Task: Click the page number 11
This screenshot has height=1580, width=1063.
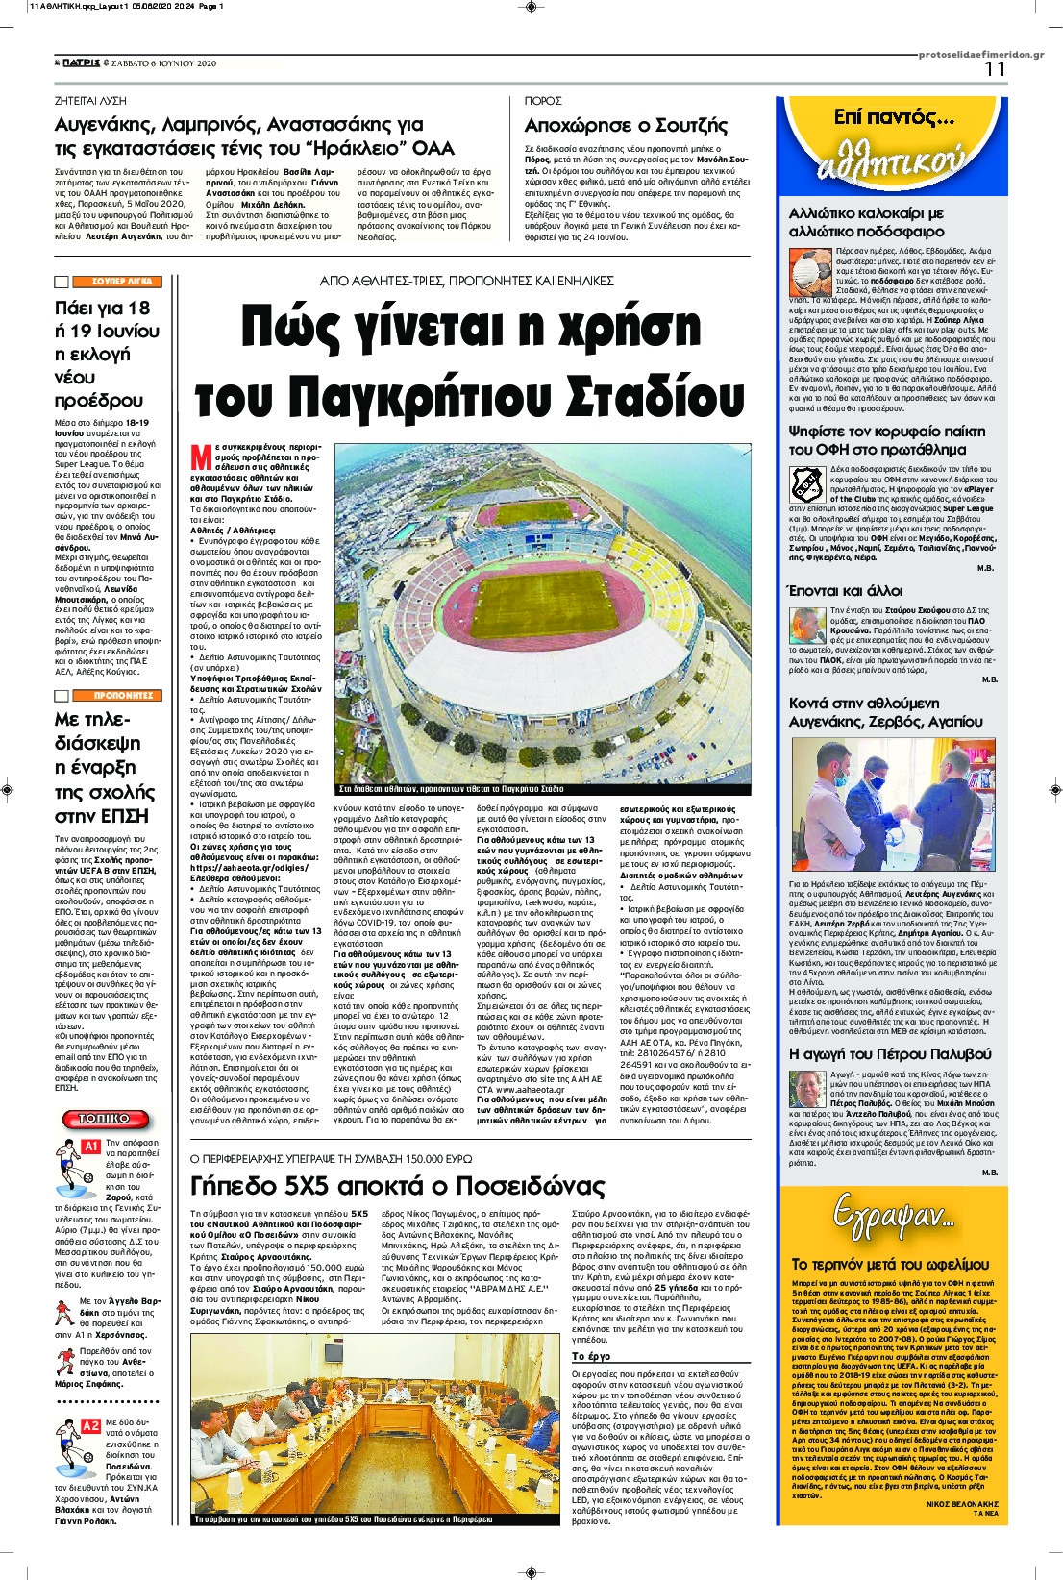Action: [995, 70]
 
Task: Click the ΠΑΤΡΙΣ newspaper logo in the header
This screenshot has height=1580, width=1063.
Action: [81, 63]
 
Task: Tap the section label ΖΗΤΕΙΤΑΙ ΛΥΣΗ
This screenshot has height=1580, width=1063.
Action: [90, 101]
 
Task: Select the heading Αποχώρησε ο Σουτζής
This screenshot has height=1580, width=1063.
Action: [626, 126]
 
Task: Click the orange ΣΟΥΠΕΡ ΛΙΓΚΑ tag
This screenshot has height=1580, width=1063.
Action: [121, 282]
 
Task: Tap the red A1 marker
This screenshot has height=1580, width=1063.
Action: [90, 1147]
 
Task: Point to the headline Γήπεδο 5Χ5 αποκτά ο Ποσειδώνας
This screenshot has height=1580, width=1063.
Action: [397, 1186]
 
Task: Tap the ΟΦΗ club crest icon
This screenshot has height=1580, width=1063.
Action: [806, 484]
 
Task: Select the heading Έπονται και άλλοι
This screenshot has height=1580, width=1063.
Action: [845, 591]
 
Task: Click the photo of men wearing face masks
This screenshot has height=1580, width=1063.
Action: [892, 803]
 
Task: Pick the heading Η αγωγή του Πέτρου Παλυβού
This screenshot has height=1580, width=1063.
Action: [889, 1054]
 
